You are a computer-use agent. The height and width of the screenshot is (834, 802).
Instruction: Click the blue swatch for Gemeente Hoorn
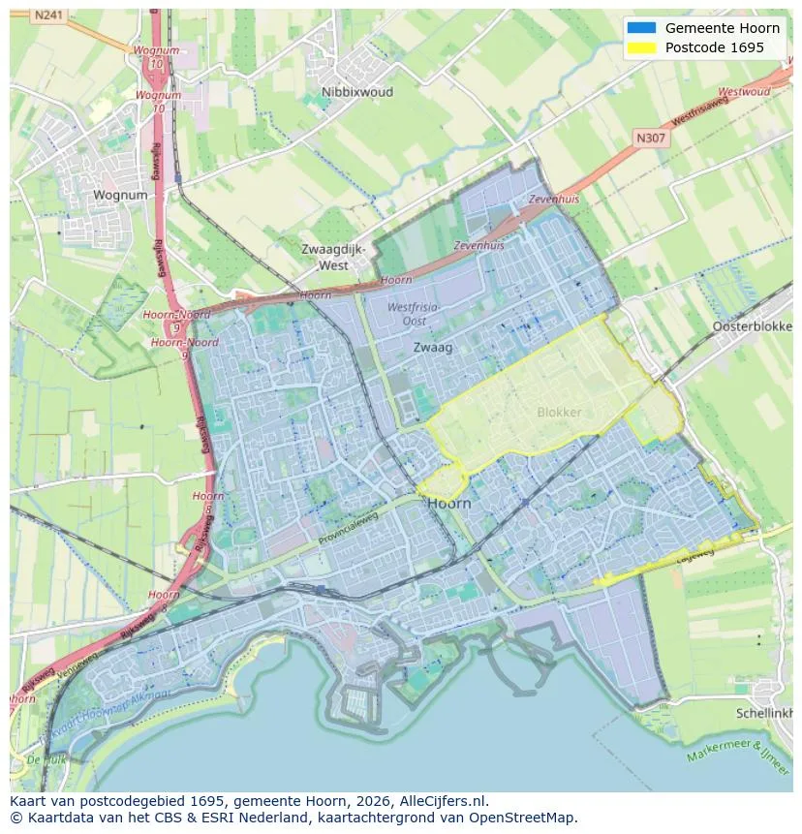pyautogui.click(x=641, y=28)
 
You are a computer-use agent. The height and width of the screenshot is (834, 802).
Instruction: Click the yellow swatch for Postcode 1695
pyautogui.click(x=641, y=47)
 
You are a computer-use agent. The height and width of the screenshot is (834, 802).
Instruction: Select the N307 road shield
pyautogui.click(x=651, y=139)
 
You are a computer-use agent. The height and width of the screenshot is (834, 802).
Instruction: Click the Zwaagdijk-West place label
pyautogui.click(x=332, y=257)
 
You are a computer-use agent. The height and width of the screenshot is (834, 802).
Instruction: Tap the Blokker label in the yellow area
pyautogui.click(x=559, y=412)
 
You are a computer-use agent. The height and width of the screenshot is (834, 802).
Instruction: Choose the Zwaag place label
pyautogui.click(x=432, y=346)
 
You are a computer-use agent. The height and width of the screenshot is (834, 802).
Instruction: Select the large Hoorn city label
pyautogui.click(x=448, y=503)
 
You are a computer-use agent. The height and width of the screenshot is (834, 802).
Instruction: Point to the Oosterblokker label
pyautogui.click(x=752, y=326)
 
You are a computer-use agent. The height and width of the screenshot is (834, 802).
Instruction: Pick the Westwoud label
pyautogui.click(x=745, y=92)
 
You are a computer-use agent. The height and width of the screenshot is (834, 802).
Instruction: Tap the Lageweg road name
pyautogui.click(x=694, y=553)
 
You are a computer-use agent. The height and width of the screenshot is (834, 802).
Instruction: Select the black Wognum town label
pyautogui.click(x=120, y=195)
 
